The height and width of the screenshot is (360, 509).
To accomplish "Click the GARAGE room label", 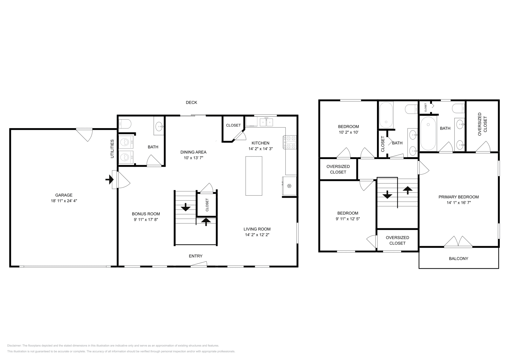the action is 64,195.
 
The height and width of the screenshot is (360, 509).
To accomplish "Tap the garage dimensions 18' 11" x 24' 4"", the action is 64,201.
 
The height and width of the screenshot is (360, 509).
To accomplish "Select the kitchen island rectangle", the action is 254,176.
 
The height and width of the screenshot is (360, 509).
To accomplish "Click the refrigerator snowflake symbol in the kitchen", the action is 289,186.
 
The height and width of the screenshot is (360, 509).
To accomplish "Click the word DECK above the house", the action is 191,102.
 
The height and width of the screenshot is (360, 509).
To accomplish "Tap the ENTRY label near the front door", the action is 196,256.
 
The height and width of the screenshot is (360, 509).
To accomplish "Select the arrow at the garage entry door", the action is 109,180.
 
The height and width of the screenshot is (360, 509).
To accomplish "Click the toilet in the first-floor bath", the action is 125,124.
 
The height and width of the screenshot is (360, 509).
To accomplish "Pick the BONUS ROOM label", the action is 146,214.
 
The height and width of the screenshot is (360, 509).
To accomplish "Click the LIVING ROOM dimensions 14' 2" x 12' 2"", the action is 257,235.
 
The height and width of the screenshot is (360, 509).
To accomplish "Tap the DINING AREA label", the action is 193,152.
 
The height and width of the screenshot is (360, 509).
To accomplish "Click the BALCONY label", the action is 458,259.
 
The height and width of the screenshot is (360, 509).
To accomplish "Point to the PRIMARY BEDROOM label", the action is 458,197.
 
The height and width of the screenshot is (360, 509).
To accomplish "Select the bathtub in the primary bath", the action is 428,134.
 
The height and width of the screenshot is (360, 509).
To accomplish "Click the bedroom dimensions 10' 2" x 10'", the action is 349,132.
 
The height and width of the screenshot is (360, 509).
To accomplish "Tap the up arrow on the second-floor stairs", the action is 408,190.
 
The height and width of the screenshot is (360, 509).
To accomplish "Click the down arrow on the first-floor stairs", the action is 186,207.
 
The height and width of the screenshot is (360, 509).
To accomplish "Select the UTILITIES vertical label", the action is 112,149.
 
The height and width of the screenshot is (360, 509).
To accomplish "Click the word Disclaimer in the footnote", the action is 14,345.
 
